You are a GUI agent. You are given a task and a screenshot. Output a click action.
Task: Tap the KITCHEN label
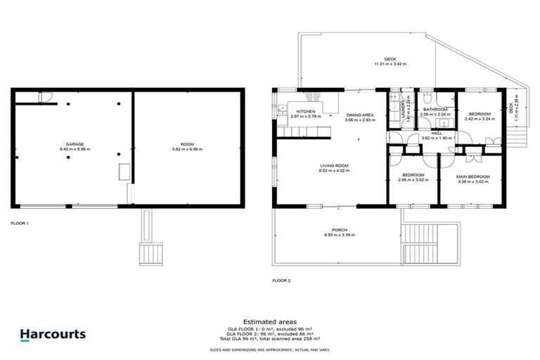click(305, 112)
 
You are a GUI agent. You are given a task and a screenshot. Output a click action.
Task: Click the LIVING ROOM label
click(333, 165)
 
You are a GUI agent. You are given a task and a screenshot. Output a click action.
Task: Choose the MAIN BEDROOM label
click(472, 176)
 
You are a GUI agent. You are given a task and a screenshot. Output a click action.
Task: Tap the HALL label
click(436, 133)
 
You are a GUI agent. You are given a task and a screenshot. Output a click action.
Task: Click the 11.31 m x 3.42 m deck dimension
click(390, 64)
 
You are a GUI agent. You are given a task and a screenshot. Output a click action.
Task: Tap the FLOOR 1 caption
click(20, 223)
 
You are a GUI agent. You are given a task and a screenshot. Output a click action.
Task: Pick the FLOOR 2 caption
click(281, 280)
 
